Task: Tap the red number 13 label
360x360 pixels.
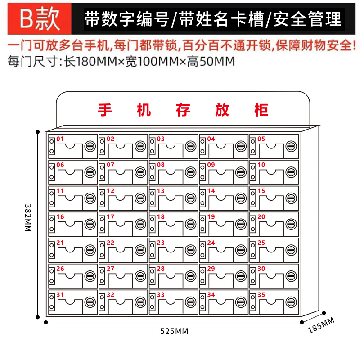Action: point(161,191)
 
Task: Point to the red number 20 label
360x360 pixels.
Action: point(261,217)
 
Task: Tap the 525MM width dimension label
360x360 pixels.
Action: point(174,332)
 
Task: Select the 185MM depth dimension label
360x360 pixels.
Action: point(321,325)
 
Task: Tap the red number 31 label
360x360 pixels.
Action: point(60,295)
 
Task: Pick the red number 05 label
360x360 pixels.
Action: point(261,139)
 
